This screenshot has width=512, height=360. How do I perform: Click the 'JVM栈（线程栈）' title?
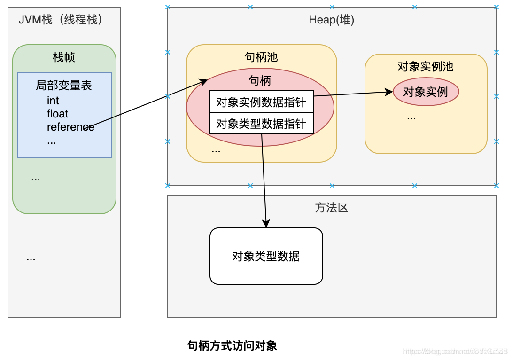[x=60, y=20]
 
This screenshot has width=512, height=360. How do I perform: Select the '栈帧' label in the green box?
[x=64, y=57]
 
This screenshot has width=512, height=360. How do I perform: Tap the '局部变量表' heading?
[x=64, y=86]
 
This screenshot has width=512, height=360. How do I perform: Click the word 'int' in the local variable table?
[x=53, y=101]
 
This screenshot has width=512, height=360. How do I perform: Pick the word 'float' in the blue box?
[x=57, y=114]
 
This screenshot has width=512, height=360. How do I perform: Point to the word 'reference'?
[x=70, y=127]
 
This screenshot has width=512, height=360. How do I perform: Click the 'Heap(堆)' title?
[x=332, y=20]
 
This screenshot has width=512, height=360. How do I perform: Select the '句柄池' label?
[x=261, y=57]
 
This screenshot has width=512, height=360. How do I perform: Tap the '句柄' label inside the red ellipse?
[x=260, y=80]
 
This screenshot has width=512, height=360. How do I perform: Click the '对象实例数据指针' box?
[x=261, y=102]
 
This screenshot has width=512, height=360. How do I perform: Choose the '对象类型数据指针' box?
[x=261, y=124]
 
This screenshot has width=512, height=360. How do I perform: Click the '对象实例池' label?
[x=426, y=67]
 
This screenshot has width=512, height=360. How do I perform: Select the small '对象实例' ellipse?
[x=426, y=92]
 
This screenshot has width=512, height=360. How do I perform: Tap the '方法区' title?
[x=332, y=208]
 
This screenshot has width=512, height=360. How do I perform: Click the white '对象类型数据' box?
[x=266, y=256]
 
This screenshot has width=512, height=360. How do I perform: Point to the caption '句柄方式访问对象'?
[x=232, y=346]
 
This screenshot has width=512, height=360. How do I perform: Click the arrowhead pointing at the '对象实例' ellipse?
[x=389, y=92]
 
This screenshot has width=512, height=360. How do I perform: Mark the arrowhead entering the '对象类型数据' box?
[x=266, y=224]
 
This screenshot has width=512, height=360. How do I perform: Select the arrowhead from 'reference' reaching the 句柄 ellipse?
[x=204, y=82]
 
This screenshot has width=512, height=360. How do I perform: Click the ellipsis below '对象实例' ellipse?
[x=411, y=117]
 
